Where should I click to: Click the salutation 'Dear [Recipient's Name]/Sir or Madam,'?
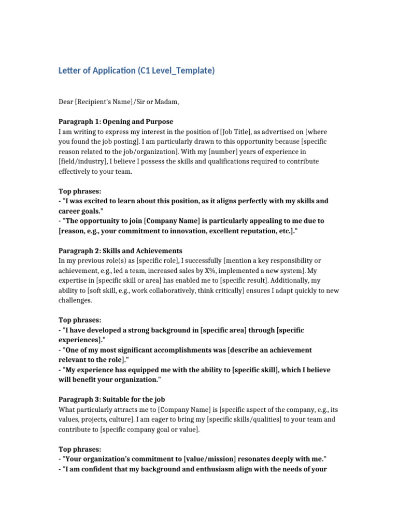pos(119,102)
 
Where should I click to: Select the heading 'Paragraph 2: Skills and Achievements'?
pos(120,251)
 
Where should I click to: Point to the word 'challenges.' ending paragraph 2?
pos(75,300)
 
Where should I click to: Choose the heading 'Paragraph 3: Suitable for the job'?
pos(113,399)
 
